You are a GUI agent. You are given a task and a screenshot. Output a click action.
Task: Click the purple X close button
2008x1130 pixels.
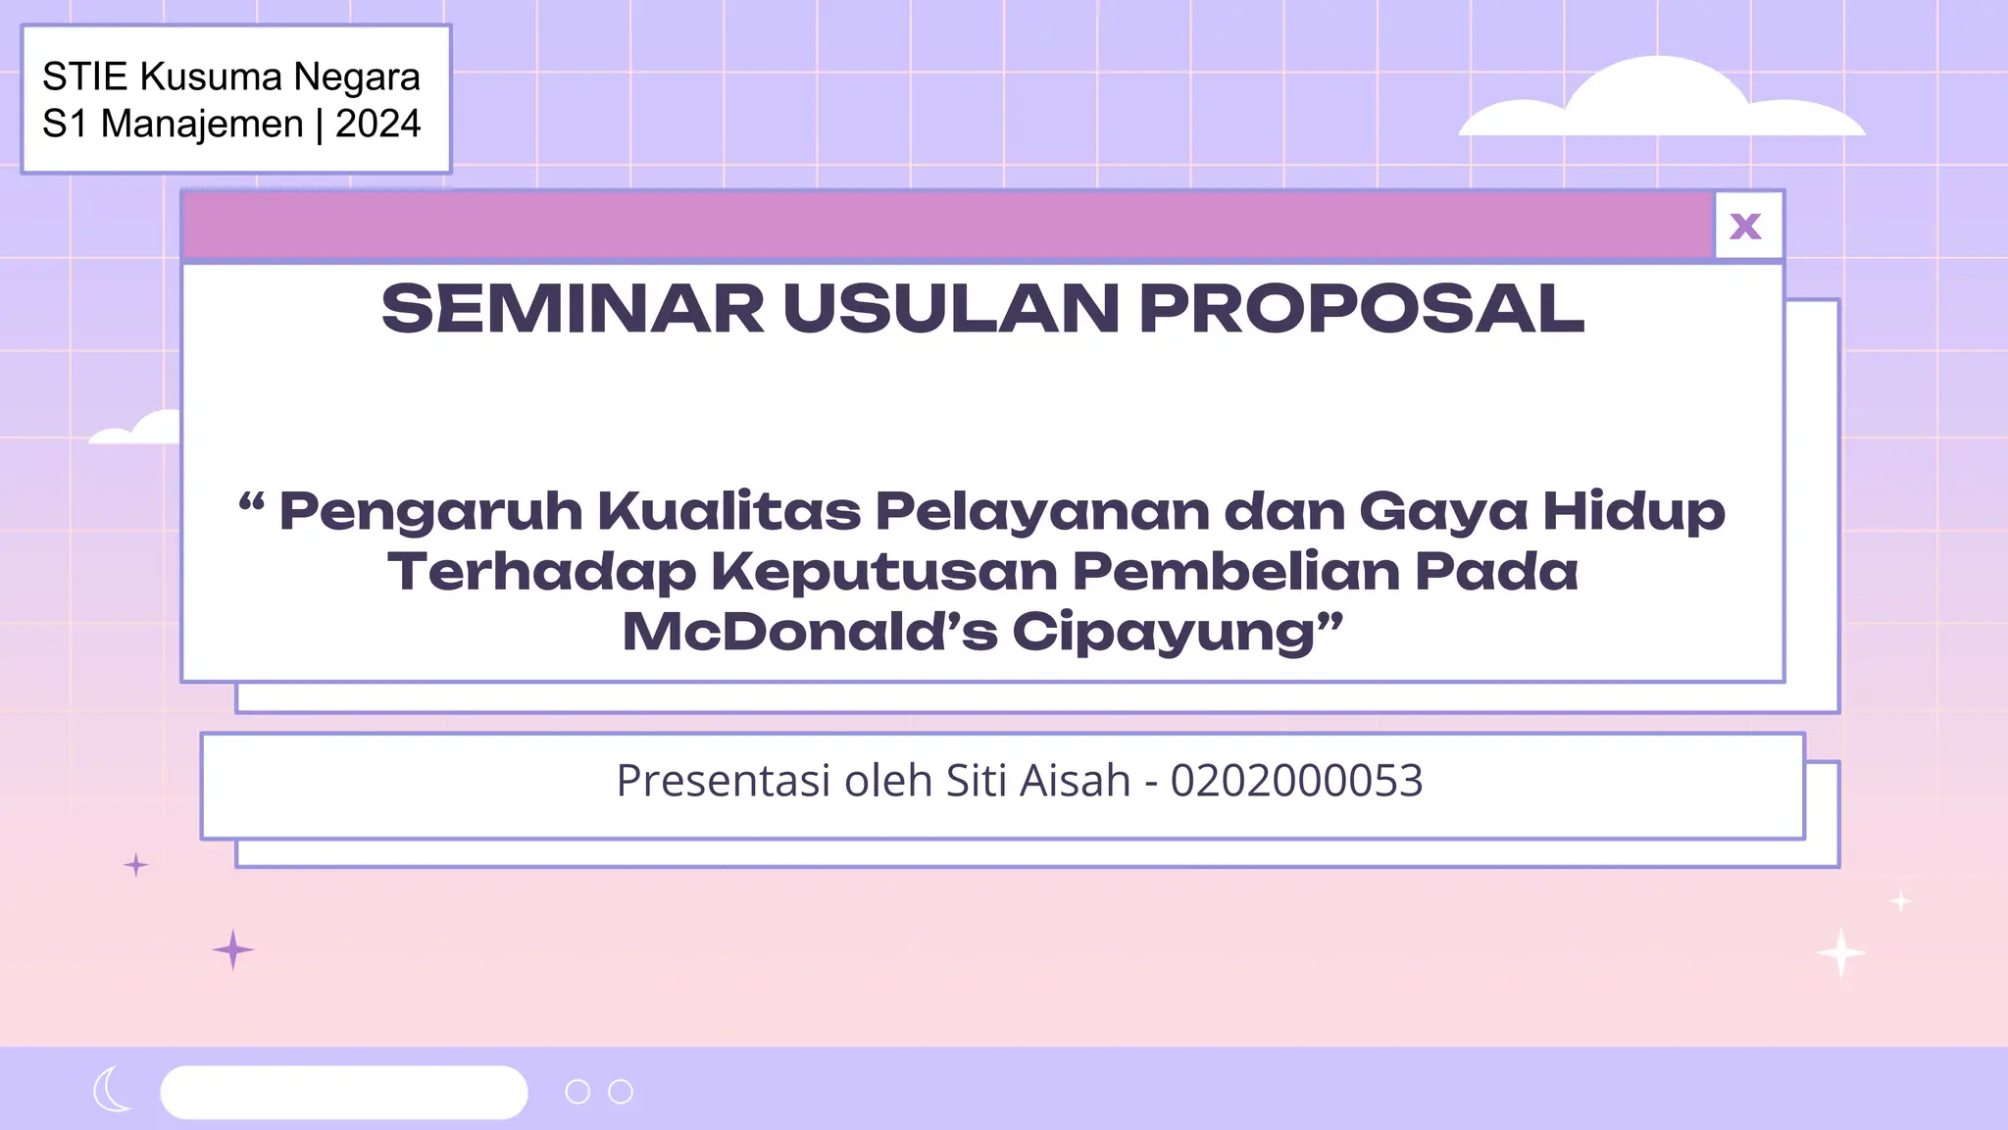click(1746, 227)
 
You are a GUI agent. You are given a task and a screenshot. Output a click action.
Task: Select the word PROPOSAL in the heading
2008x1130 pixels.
click(1361, 309)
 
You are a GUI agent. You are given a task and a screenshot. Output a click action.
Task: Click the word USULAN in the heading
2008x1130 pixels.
click(951, 309)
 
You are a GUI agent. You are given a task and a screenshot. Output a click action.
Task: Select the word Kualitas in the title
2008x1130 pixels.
click(729, 511)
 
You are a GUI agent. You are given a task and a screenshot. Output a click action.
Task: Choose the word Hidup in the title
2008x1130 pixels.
click(1633, 511)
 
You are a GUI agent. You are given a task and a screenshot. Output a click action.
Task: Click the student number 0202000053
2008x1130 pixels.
click(1296, 782)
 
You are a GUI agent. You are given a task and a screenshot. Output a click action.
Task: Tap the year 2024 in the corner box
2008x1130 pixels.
click(377, 125)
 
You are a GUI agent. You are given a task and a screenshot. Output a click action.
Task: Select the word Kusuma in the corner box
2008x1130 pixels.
click(210, 77)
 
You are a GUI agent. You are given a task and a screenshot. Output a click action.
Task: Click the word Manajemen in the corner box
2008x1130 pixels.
click(202, 125)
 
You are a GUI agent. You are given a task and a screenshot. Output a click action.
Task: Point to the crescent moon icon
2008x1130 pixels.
click(112, 1089)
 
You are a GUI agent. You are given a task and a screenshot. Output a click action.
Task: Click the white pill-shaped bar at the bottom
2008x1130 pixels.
click(343, 1092)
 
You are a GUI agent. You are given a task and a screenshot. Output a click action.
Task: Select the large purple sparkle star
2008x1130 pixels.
click(232, 950)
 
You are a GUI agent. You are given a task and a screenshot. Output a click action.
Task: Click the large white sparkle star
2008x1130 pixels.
click(1840, 952)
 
